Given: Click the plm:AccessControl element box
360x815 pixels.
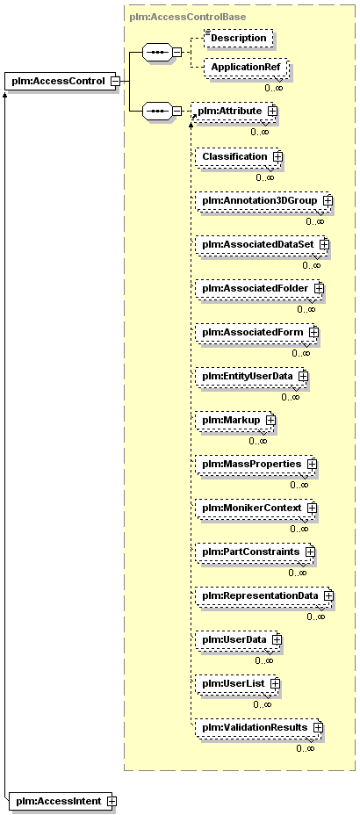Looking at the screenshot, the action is (61, 81).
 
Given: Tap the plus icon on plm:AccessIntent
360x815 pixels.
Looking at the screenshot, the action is (112, 802).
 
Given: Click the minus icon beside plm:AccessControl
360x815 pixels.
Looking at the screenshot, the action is (116, 82).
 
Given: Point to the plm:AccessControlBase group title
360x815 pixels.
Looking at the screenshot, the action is (188, 17).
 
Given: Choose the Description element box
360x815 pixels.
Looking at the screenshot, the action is (239, 38).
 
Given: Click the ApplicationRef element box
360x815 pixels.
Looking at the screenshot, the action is (245, 67).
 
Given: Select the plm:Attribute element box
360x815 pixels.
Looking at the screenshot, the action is (234, 111).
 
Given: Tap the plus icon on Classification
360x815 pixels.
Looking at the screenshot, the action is (278, 156).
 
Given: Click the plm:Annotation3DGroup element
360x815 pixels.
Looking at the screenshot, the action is (263, 200).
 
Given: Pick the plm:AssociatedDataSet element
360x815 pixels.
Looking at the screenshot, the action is (262, 244).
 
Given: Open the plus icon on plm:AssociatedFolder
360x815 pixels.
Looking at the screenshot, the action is (319, 287).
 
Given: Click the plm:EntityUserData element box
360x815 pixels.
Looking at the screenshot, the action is (251, 375).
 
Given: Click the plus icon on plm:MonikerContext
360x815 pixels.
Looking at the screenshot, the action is (313, 507).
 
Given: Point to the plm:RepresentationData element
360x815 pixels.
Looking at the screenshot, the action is (264, 595).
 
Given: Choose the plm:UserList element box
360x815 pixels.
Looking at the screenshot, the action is (237, 683).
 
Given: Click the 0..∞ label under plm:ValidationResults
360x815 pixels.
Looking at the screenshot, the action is (306, 748).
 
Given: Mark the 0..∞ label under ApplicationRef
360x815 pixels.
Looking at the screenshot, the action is (274, 88).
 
